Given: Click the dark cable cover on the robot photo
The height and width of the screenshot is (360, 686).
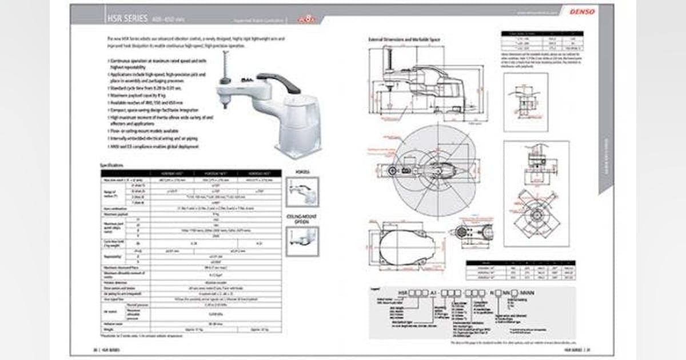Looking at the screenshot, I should pos(278,81).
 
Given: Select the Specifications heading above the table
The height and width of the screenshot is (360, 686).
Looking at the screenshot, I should pos(112,165).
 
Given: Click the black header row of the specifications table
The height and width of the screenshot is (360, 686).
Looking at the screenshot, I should pos(192,173).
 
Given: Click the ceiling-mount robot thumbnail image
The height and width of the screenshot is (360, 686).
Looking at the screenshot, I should pos(302,242).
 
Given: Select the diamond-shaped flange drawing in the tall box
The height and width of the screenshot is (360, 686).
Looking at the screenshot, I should pos(537,217).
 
